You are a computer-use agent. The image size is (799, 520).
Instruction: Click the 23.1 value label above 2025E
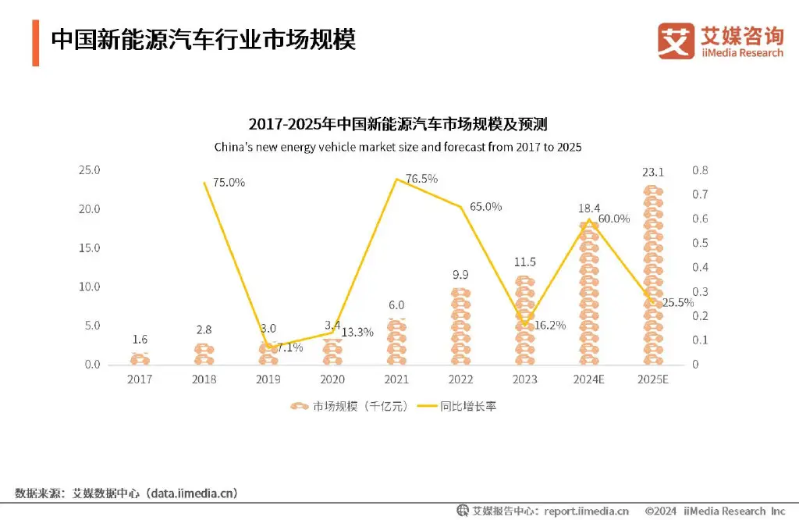point(652,172)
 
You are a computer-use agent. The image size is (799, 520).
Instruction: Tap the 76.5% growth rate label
point(421,179)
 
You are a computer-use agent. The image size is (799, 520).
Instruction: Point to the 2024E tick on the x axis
point(588,379)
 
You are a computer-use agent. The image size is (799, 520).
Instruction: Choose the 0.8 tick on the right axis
point(700,170)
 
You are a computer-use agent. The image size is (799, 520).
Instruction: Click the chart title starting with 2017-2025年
point(398,124)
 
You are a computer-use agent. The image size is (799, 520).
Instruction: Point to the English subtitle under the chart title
point(398,147)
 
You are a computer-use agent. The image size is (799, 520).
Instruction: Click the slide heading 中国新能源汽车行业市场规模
point(203,40)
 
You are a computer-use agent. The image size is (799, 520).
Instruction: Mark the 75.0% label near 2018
point(229,183)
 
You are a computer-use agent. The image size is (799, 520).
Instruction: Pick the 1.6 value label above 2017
point(140,340)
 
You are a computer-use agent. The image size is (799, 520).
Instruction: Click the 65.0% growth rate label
point(486,207)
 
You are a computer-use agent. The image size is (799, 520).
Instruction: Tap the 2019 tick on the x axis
point(268,379)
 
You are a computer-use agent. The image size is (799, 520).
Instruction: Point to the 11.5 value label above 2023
point(524,262)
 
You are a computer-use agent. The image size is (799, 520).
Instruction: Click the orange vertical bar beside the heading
point(36,43)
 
